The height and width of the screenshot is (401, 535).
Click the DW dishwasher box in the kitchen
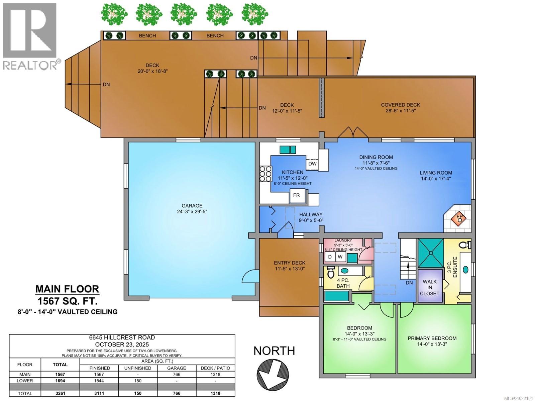[x=312, y=164]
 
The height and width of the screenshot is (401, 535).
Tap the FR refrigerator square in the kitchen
[x=297, y=195]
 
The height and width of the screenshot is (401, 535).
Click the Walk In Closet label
[x=429, y=287]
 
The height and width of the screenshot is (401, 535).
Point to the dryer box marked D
[x=330, y=257]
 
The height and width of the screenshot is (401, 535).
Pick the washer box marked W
[x=340, y=257]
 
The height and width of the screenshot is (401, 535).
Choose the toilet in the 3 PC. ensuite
[x=465, y=244]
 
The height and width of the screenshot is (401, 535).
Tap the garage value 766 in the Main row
[x=176, y=375]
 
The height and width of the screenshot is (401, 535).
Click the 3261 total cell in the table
[x=60, y=393]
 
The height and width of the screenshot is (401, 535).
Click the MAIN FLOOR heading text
[x=67, y=289]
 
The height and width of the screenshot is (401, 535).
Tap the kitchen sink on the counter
[x=288, y=149]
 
